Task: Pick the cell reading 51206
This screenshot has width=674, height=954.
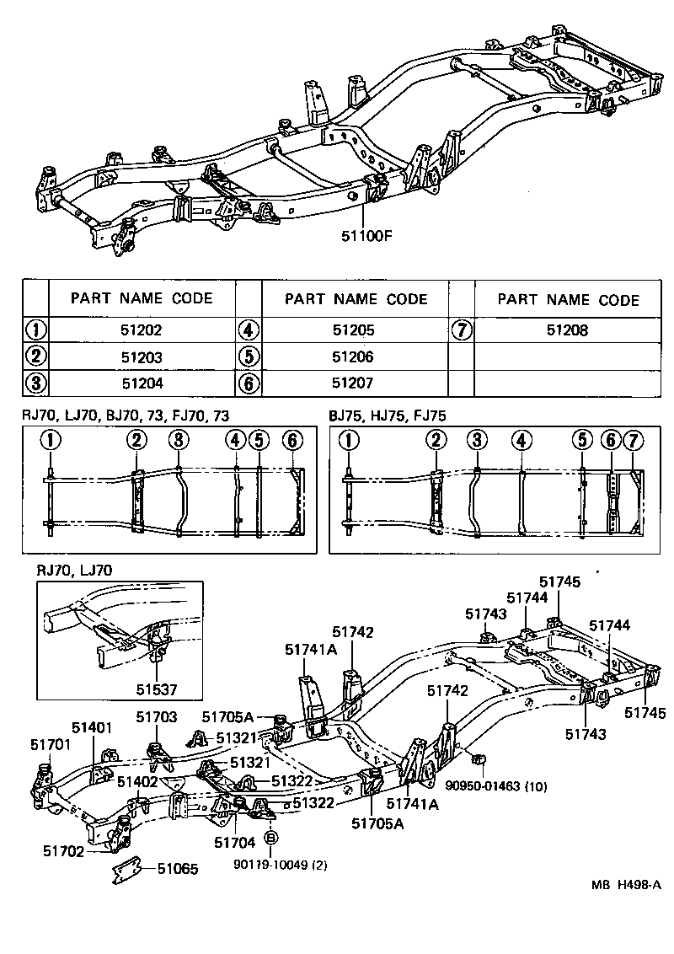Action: click(353, 356)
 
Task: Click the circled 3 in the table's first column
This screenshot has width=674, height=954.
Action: click(35, 383)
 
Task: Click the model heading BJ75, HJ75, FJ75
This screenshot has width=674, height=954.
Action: click(387, 415)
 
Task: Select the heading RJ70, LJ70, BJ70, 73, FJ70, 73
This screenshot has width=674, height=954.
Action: click(132, 415)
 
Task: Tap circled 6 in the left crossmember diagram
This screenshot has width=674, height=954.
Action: click(292, 440)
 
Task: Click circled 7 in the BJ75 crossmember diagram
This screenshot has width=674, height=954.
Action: click(634, 440)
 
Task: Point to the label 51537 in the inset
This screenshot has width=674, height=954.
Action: click(158, 689)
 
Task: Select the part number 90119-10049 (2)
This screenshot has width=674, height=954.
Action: click(272, 864)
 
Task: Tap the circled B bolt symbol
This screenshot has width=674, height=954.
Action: click(271, 838)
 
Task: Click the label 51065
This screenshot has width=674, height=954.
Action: click(177, 868)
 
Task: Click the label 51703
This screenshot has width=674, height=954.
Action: click(157, 716)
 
